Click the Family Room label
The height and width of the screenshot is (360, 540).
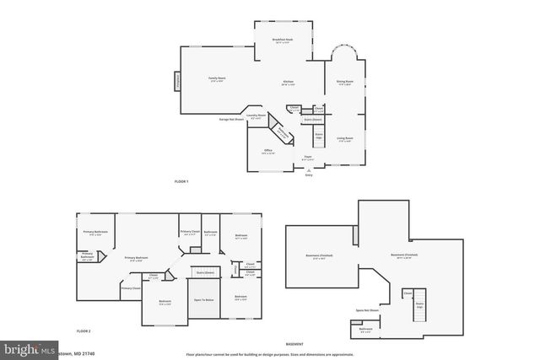click(217, 78)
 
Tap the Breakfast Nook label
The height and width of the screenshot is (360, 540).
click(283, 40)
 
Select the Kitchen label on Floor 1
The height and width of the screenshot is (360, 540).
click(288, 83)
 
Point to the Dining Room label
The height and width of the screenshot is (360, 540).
click(344, 83)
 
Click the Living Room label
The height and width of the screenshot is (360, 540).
click(344, 138)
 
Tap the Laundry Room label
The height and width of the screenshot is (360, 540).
click(256, 116)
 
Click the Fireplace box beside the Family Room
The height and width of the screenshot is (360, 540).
click(178, 82)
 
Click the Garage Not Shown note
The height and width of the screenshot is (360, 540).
click(231, 119)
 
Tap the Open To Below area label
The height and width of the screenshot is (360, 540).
click(203, 300)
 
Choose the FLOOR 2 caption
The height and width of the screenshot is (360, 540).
click(83, 332)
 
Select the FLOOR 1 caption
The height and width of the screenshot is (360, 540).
click(181, 181)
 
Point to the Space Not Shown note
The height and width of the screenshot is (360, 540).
click(366, 310)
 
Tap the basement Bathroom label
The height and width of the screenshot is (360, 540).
click(365, 330)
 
